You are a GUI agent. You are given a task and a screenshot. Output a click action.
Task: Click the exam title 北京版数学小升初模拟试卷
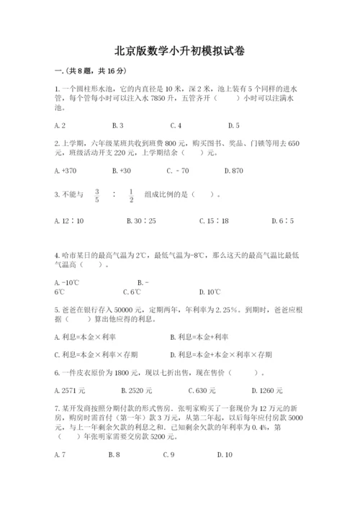179,51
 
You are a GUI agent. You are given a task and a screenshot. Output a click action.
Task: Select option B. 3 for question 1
118,125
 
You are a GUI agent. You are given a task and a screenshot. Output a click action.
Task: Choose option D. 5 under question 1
233,125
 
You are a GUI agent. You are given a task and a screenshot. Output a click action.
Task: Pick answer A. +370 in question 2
65,171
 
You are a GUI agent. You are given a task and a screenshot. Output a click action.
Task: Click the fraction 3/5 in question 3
96,194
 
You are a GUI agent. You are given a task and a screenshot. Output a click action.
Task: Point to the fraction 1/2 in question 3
130,194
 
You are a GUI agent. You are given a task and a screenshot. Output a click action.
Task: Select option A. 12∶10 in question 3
69,220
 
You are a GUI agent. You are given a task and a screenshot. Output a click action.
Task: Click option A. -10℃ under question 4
66,282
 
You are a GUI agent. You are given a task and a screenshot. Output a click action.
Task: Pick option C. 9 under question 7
169,454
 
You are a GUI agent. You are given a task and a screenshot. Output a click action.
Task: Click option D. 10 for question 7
225,454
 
